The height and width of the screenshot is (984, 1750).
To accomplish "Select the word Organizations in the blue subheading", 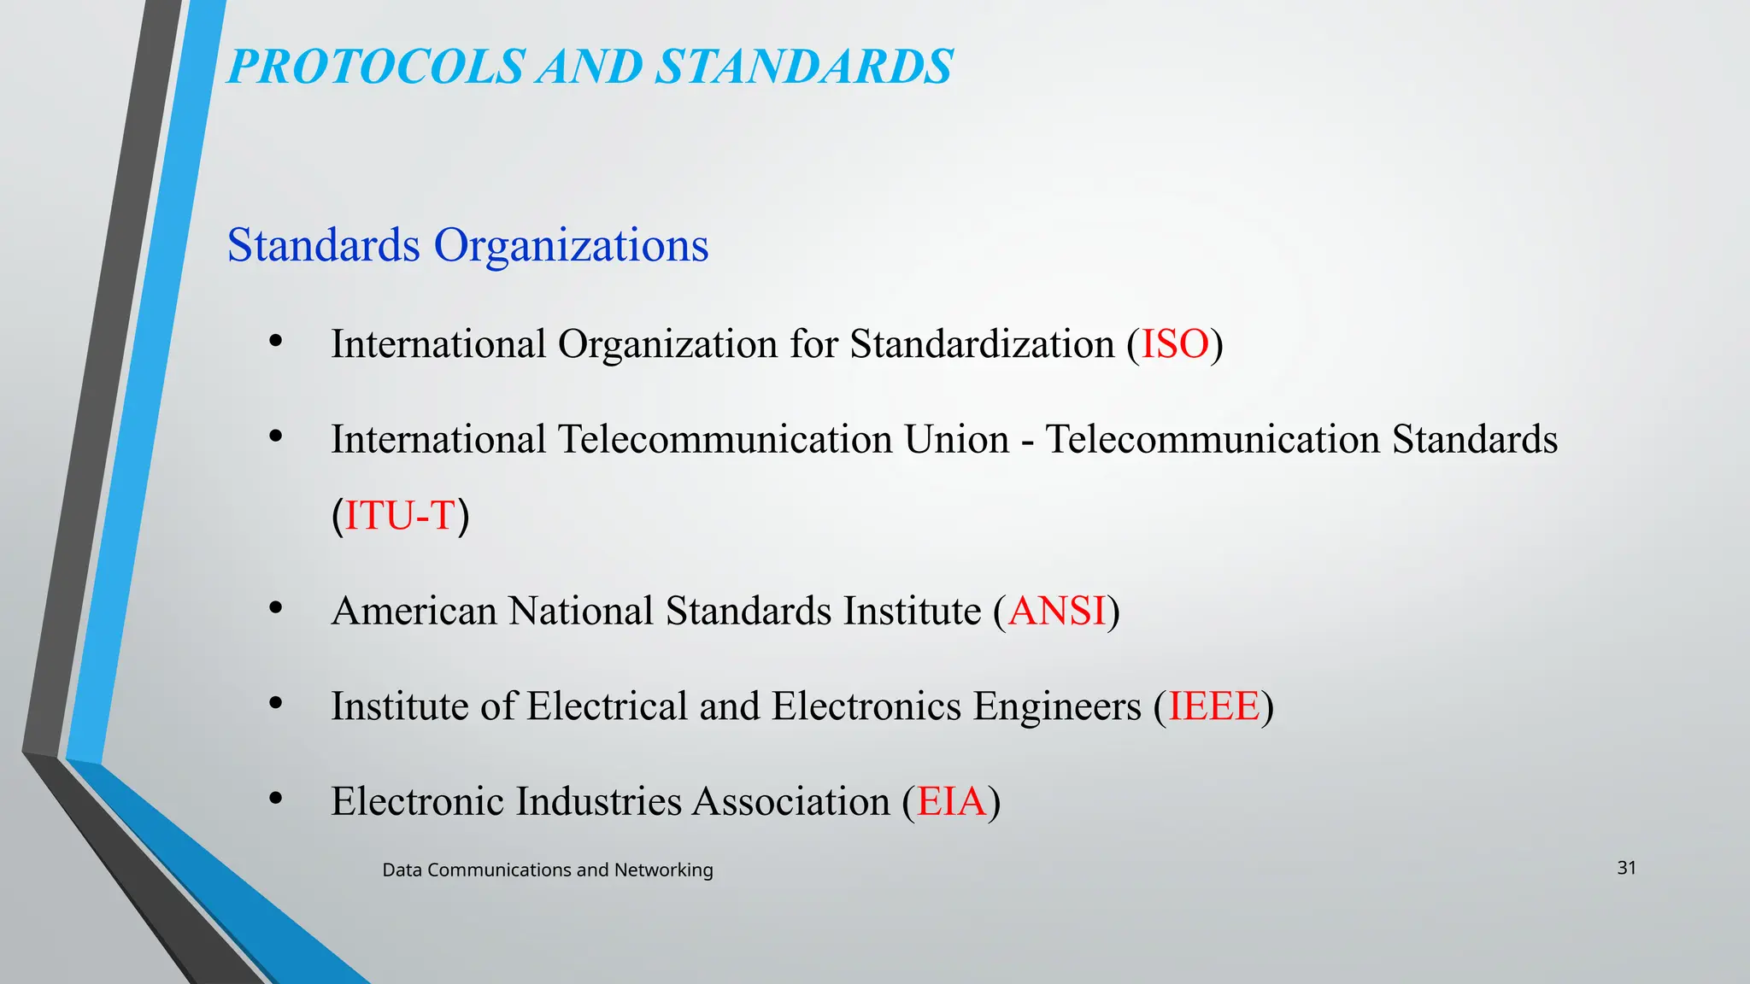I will coord(571,245).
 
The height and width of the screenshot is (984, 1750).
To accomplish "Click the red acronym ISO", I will coord(1175,344).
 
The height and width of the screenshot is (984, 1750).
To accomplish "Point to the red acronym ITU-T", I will coord(400,515).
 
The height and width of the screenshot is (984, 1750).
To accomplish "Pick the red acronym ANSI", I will coord(1057,611).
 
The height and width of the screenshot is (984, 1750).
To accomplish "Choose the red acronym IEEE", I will coord(1213,706).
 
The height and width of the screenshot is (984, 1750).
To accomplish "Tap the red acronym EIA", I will coord(951,801).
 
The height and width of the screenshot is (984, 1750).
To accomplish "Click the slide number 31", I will coord(1626,868).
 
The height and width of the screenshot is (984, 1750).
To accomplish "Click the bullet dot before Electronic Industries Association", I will coord(275,799).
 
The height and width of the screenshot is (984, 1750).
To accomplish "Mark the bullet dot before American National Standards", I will coord(275,608).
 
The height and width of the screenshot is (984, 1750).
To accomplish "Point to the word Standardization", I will coord(982,344).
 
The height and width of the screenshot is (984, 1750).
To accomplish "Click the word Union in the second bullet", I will coord(957,440).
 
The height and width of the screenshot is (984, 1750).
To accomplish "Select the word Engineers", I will coord(1057,706).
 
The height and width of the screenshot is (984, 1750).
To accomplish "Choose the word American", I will coord(414,611).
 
